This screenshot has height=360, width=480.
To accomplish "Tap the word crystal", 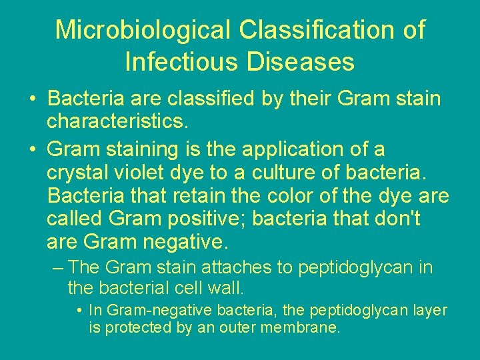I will (76, 173).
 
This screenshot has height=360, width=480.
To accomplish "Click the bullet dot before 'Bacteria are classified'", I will (32, 100).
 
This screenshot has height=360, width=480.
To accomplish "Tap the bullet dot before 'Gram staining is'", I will (32, 149).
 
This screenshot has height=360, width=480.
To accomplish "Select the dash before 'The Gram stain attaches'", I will (58, 268).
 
